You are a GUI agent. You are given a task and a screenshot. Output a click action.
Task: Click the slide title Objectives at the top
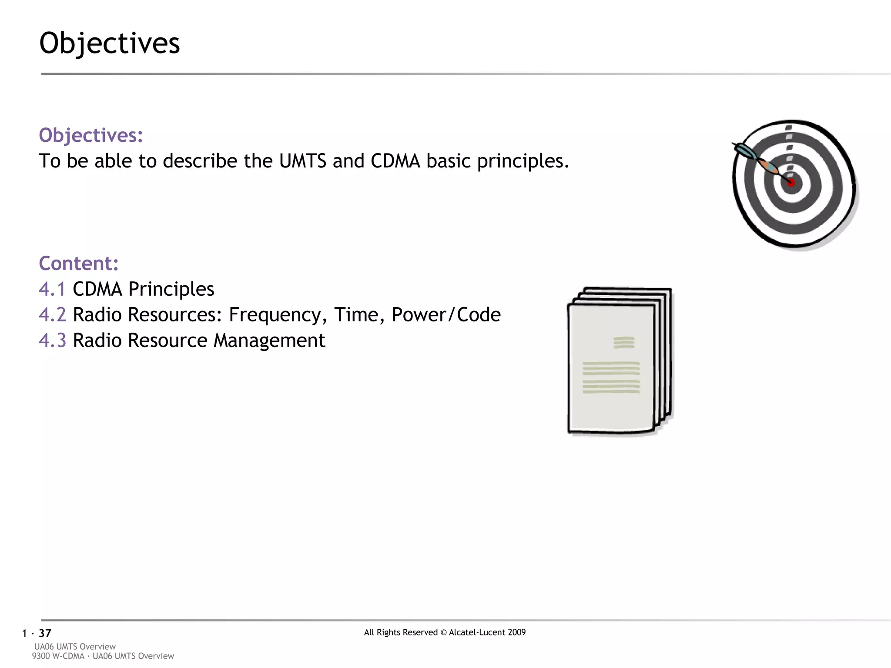pos(110,43)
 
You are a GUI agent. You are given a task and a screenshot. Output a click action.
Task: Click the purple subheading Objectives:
pos(91,135)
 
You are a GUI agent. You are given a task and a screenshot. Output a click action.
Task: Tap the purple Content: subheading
pos(79,264)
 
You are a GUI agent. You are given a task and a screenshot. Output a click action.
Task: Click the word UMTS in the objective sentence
pos(302,161)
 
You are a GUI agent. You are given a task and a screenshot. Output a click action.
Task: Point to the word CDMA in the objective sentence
pos(395,161)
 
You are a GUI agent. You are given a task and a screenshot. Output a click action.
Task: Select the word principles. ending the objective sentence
pos(523,161)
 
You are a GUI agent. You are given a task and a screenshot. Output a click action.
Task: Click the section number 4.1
pos(52,289)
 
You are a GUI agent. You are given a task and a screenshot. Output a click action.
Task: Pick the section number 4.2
pos(52,315)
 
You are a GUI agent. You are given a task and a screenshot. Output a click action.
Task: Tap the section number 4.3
pos(52,341)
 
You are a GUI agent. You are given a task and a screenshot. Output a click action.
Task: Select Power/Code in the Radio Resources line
pos(446,315)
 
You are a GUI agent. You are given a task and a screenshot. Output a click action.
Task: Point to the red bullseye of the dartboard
pos(791,183)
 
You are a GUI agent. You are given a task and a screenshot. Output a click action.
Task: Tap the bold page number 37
pos(45,633)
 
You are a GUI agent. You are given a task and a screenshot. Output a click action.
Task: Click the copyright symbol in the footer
pos(443,633)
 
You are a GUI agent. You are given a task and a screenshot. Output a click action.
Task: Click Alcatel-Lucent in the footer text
pos(477,632)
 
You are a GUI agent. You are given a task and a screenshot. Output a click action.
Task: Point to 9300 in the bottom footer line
pos(41,656)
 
